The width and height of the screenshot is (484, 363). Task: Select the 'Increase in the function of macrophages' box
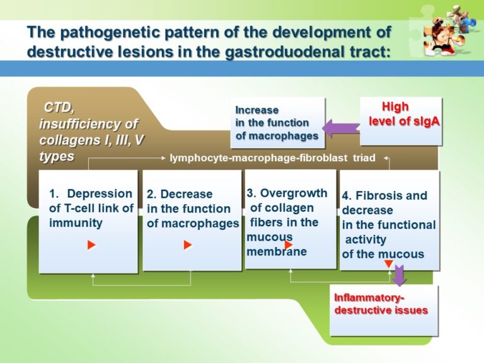[x=277, y=122]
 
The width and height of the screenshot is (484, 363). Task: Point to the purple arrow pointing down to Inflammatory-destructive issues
[x=400, y=275]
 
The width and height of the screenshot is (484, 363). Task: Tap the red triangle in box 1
[x=91, y=245]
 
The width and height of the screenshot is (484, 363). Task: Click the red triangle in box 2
[x=187, y=245]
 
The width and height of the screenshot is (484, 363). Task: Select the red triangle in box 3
[x=288, y=245]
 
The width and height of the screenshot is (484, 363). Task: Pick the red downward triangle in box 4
[x=389, y=265]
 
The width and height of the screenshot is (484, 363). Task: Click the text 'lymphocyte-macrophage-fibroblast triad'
[x=272, y=158]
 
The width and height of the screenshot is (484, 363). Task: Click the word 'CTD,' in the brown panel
[x=63, y=108]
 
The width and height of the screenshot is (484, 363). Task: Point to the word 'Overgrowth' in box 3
[x=294, y=193]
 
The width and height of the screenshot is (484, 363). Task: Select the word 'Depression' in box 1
[x=100, y=194]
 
